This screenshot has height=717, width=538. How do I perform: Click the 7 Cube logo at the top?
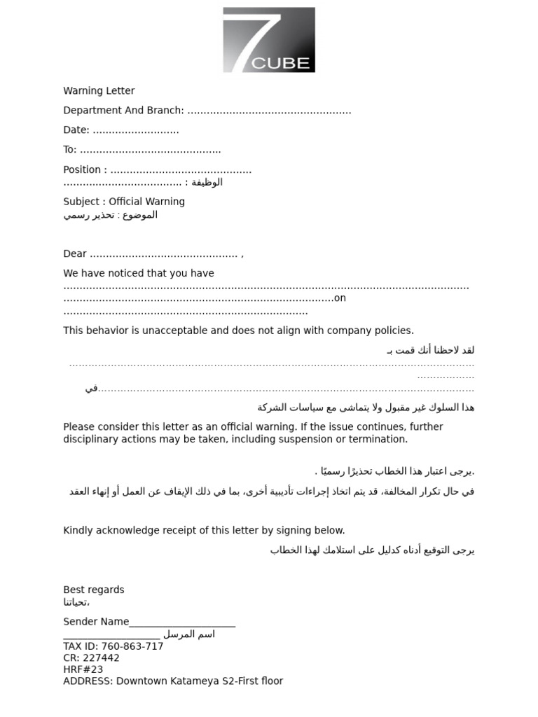(x=269, y=40)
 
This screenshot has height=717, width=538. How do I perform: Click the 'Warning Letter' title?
(x=99, y=91)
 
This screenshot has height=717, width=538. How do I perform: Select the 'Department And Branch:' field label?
(x=123, y=111)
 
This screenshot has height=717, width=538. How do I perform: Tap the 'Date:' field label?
(x=76, y=130)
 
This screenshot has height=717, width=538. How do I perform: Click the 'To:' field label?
(x=70, y=150)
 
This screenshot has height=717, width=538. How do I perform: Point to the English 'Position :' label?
(x=85, y=169)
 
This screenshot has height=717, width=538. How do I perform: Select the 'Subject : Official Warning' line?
(x=124, y=202)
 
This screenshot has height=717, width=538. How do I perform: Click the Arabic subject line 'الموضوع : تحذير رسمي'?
(x=111, y=215)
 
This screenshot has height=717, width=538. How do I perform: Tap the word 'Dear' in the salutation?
(x=75, y=253)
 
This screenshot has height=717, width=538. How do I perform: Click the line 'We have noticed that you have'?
(x=139, y=273)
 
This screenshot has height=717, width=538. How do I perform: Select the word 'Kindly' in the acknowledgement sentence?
(x=78, y=531)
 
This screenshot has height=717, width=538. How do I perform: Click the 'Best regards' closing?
(x=94, y=590)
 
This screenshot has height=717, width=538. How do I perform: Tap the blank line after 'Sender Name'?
(x=182, y=622)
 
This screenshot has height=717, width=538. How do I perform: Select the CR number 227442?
(x=101, y=658)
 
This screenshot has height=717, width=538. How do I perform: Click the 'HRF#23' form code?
(x=83, y=669)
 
